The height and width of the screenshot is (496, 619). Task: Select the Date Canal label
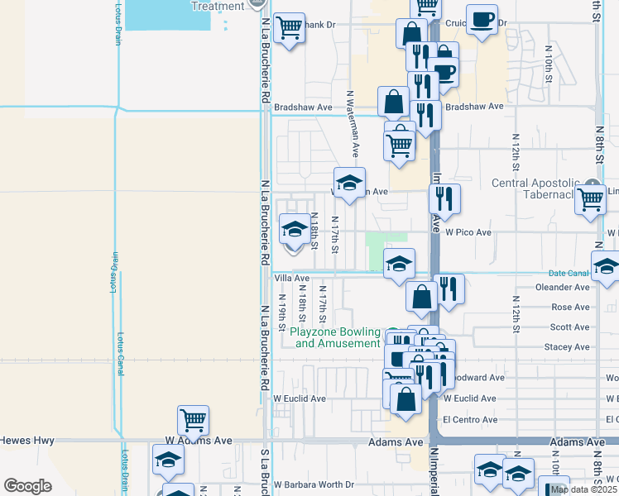click(x=567, y=273)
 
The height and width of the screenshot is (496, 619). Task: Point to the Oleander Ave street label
click(x=564, y=287)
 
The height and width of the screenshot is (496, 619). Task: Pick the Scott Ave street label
click(x=569, y=327)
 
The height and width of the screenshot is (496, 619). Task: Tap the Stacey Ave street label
click(x=567, y=348)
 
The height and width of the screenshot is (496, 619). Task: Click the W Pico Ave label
click(x=468, y=232)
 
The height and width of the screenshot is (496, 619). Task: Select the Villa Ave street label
click(x=291, y=279)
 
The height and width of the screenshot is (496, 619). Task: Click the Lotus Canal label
click(x=119, y=355)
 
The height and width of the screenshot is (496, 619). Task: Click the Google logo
click(x=27, y=486)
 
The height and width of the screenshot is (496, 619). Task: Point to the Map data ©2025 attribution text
click(x=583, y=489)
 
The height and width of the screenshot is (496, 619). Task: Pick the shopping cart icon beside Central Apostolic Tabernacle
click(x=591, y=198)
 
